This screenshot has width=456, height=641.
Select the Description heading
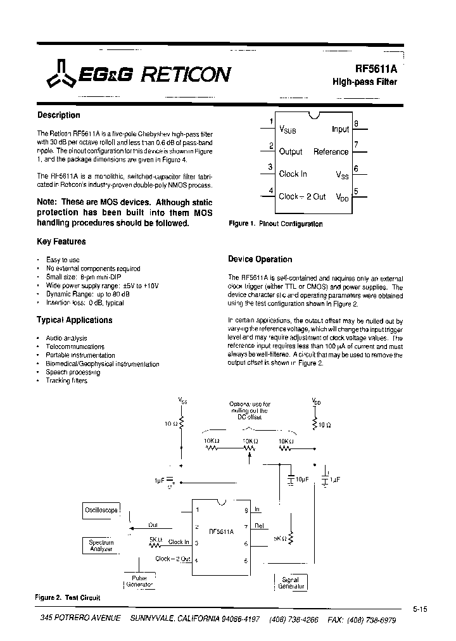pos(59,115)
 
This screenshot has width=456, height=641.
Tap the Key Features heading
pos(61,241)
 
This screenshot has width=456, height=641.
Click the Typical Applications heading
pos(75,320)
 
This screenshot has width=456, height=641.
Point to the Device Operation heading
pos(260,259)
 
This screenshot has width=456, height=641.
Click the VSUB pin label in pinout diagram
pos(288,129)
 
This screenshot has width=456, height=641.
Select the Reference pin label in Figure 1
pos(331,152)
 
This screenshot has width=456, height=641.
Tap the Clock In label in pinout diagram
pos(293,174)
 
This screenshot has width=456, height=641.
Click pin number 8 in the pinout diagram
pos(357,124)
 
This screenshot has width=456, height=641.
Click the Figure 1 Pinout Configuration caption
pos(275,224)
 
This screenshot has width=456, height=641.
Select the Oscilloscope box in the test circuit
pos(101,510)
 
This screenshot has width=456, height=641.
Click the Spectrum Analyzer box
pos(101,545)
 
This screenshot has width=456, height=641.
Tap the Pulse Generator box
pos(139,581)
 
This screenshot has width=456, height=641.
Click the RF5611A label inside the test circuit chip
pos(220,532)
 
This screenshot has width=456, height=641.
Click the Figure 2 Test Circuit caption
pos(68,598)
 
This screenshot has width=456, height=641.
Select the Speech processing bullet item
pos(73,372)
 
